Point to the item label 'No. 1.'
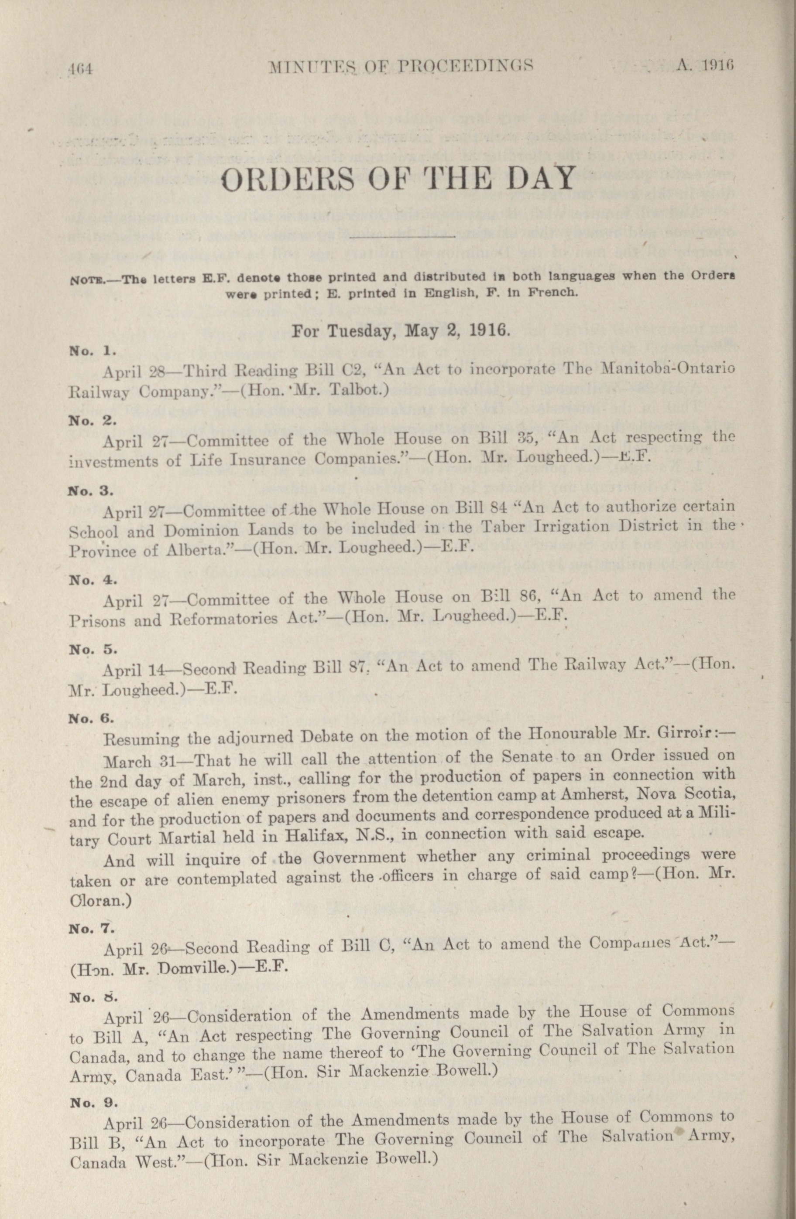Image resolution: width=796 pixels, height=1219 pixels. click(93, 351)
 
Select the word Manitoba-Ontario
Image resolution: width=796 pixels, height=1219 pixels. click(669, 368)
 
